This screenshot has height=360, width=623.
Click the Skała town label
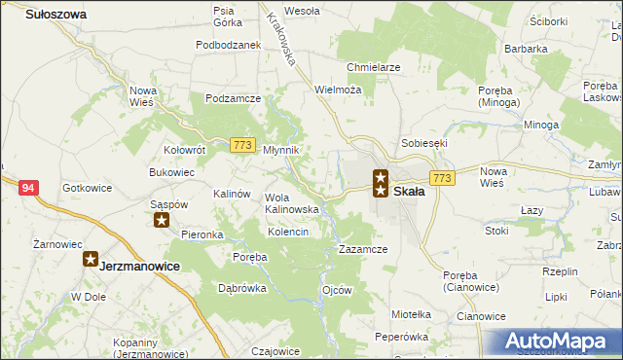tap(409, 192)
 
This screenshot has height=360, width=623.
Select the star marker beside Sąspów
tap(164, 220)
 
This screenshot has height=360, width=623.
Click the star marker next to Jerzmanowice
tap(91, 260)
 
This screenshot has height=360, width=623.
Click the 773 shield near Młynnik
tap(243, 145)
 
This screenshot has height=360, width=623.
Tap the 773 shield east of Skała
tap(443, 178)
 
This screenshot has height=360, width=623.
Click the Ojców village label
tap(336, 290)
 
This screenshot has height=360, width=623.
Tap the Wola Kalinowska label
tap(292, 203)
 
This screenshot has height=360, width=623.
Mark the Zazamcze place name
tap(363, 249)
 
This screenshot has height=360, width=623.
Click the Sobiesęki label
tap(423, 142)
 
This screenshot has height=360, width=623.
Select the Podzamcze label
tap(233, 98)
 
